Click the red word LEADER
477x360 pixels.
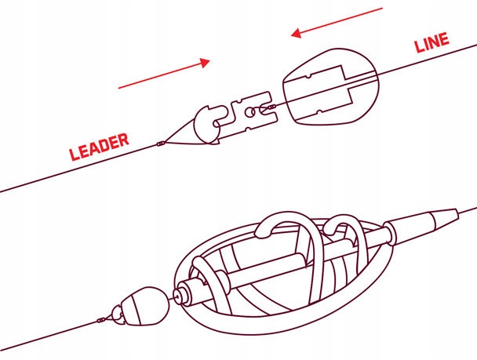click(x=99, y=147)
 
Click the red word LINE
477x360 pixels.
click(x=432, y=42)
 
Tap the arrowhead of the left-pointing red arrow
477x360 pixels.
click(x=296, y=33)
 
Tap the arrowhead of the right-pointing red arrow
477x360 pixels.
click(x=205, y=62)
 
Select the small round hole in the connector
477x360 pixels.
click(x=249, y=112)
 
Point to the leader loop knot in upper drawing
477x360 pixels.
click(x=161, y=144)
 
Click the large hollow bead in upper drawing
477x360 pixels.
click(x=331, y=86)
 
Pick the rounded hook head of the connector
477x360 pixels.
click(x=207, y=125)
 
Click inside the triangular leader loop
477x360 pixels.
click(x=183, y=136)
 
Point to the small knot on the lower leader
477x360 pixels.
click(x=101, y=320)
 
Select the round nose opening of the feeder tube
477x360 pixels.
click(x=177, y=295)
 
